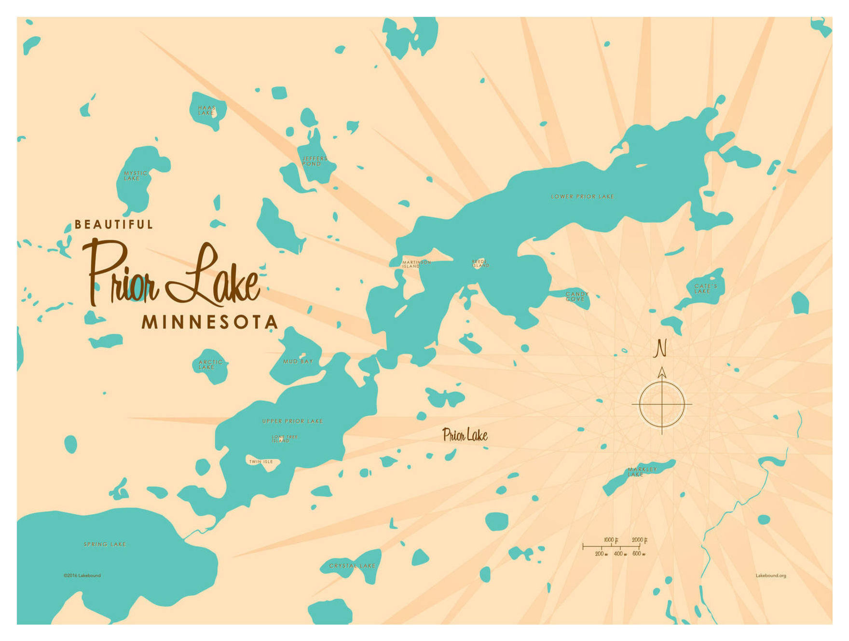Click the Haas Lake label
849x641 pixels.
click(x=206, y=110)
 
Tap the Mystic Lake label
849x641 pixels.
click(x=135, y=176)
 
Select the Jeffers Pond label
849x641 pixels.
click(x=315, y=161)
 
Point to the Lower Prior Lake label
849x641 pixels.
click(x=582, y=197)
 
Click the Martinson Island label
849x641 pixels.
click(x=416, y=264)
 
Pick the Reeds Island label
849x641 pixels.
click(x=480, y=263)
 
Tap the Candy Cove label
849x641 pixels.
click(x=577, y=296)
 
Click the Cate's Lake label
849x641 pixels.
click(x=705, y=288)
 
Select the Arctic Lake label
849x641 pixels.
click(x=210, y=365)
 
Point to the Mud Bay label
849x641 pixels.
click(x=298, y=361)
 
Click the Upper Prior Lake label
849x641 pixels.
click(x=292, y=421)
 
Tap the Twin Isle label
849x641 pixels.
click(x=261, y=462)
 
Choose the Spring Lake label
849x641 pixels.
click(x=105, y=544)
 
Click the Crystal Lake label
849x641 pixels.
click(x=352, y=566)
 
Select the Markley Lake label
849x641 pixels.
click(x=642, y=472)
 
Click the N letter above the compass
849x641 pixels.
click(x=660, y=348)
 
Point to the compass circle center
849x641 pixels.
click(x=662, y=404)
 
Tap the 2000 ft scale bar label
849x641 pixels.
click(x=639, y=540)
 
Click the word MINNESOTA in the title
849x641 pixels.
click(x=209, y=322)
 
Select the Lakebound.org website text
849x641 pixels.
click(x=770, y=575)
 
